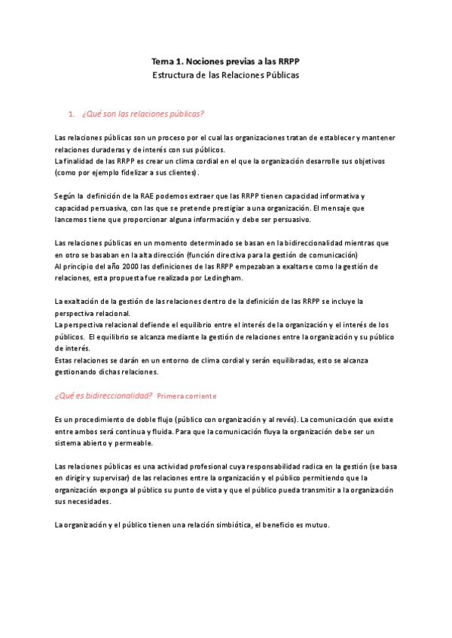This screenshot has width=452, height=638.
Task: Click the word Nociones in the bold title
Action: click(209, 61)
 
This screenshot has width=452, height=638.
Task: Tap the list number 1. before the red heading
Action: click(72, 114)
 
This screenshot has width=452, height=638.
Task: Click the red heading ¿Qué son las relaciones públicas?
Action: click(143, 114)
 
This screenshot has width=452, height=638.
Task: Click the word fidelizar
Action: click(139, 172)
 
